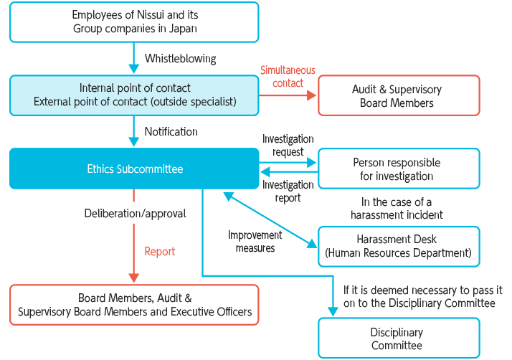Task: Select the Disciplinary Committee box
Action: tap(398, 338)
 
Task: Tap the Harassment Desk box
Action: tap(398, 246)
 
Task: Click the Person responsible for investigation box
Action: tap(398, 169)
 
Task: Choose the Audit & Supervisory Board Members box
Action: tap(398, 96)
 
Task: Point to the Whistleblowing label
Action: tap(180, 58)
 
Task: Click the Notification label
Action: tap(171, 131)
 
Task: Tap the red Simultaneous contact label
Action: tap(288, 77)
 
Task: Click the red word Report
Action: tap(159, 252)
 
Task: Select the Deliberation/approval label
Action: tap(135, 213)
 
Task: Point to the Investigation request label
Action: tap(288, 146)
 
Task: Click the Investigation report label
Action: tap(288, 191)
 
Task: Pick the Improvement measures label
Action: tap(255, 242)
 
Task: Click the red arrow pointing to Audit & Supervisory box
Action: tap(287, 95)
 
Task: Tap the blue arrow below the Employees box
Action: tap(133, 58)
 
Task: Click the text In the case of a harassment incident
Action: tap(397, 208)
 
